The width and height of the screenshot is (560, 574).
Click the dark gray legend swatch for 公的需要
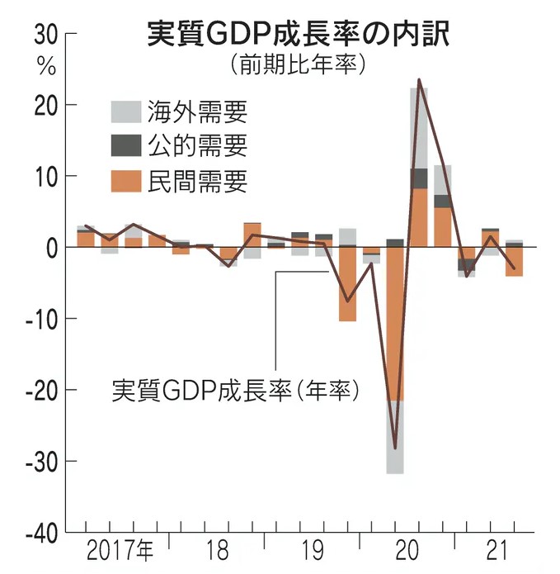125,146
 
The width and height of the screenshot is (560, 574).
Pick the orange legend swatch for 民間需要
125,181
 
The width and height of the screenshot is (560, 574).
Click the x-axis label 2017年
120,550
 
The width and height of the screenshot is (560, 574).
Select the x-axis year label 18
217,550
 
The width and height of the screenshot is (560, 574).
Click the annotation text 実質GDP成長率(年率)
236,389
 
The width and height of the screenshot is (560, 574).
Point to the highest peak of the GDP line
420,80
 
